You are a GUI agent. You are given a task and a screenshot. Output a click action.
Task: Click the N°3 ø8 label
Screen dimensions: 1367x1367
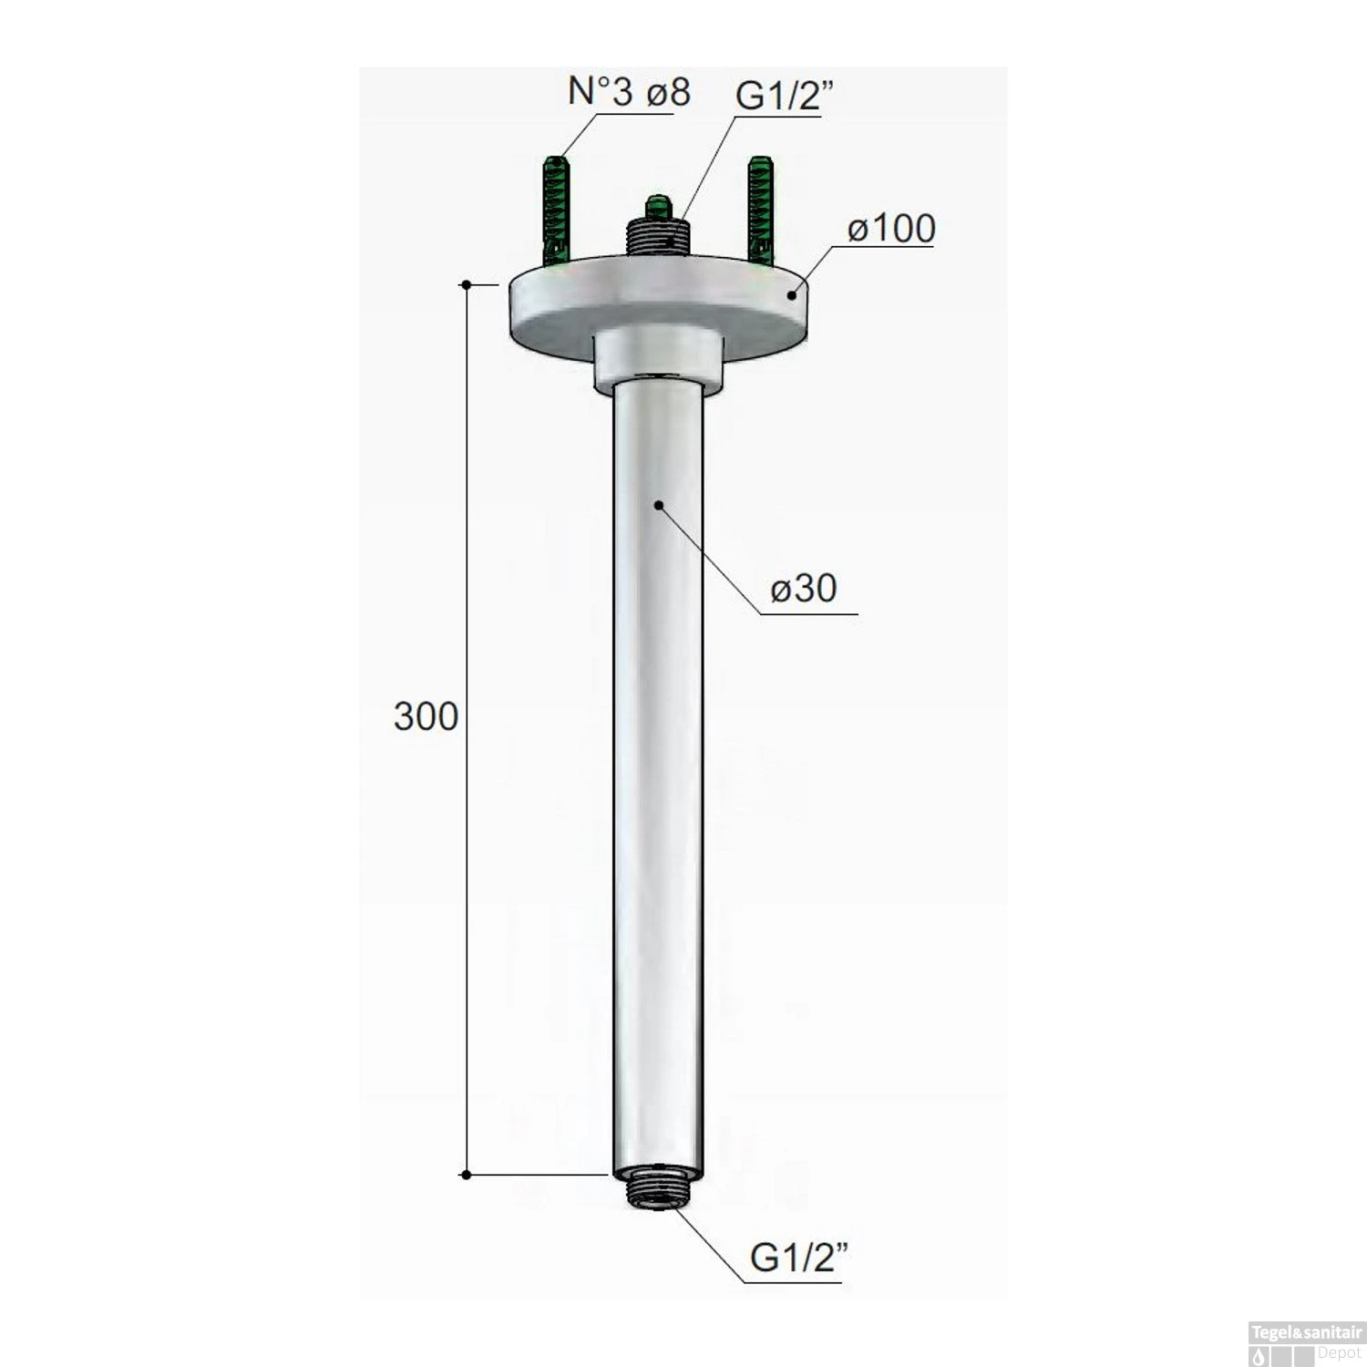click(629, 92)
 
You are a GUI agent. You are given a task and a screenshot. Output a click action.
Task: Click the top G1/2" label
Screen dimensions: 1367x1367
click(780, 95)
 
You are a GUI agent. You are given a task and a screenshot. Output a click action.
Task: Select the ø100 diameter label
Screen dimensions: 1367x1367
click(890, 229)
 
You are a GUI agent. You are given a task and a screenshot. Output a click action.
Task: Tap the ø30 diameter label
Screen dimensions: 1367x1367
click(804, 589)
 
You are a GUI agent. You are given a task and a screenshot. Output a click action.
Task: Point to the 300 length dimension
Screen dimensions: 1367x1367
click(426, 717)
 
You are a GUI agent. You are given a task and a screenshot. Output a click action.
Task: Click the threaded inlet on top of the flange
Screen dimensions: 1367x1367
click(656, 239)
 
